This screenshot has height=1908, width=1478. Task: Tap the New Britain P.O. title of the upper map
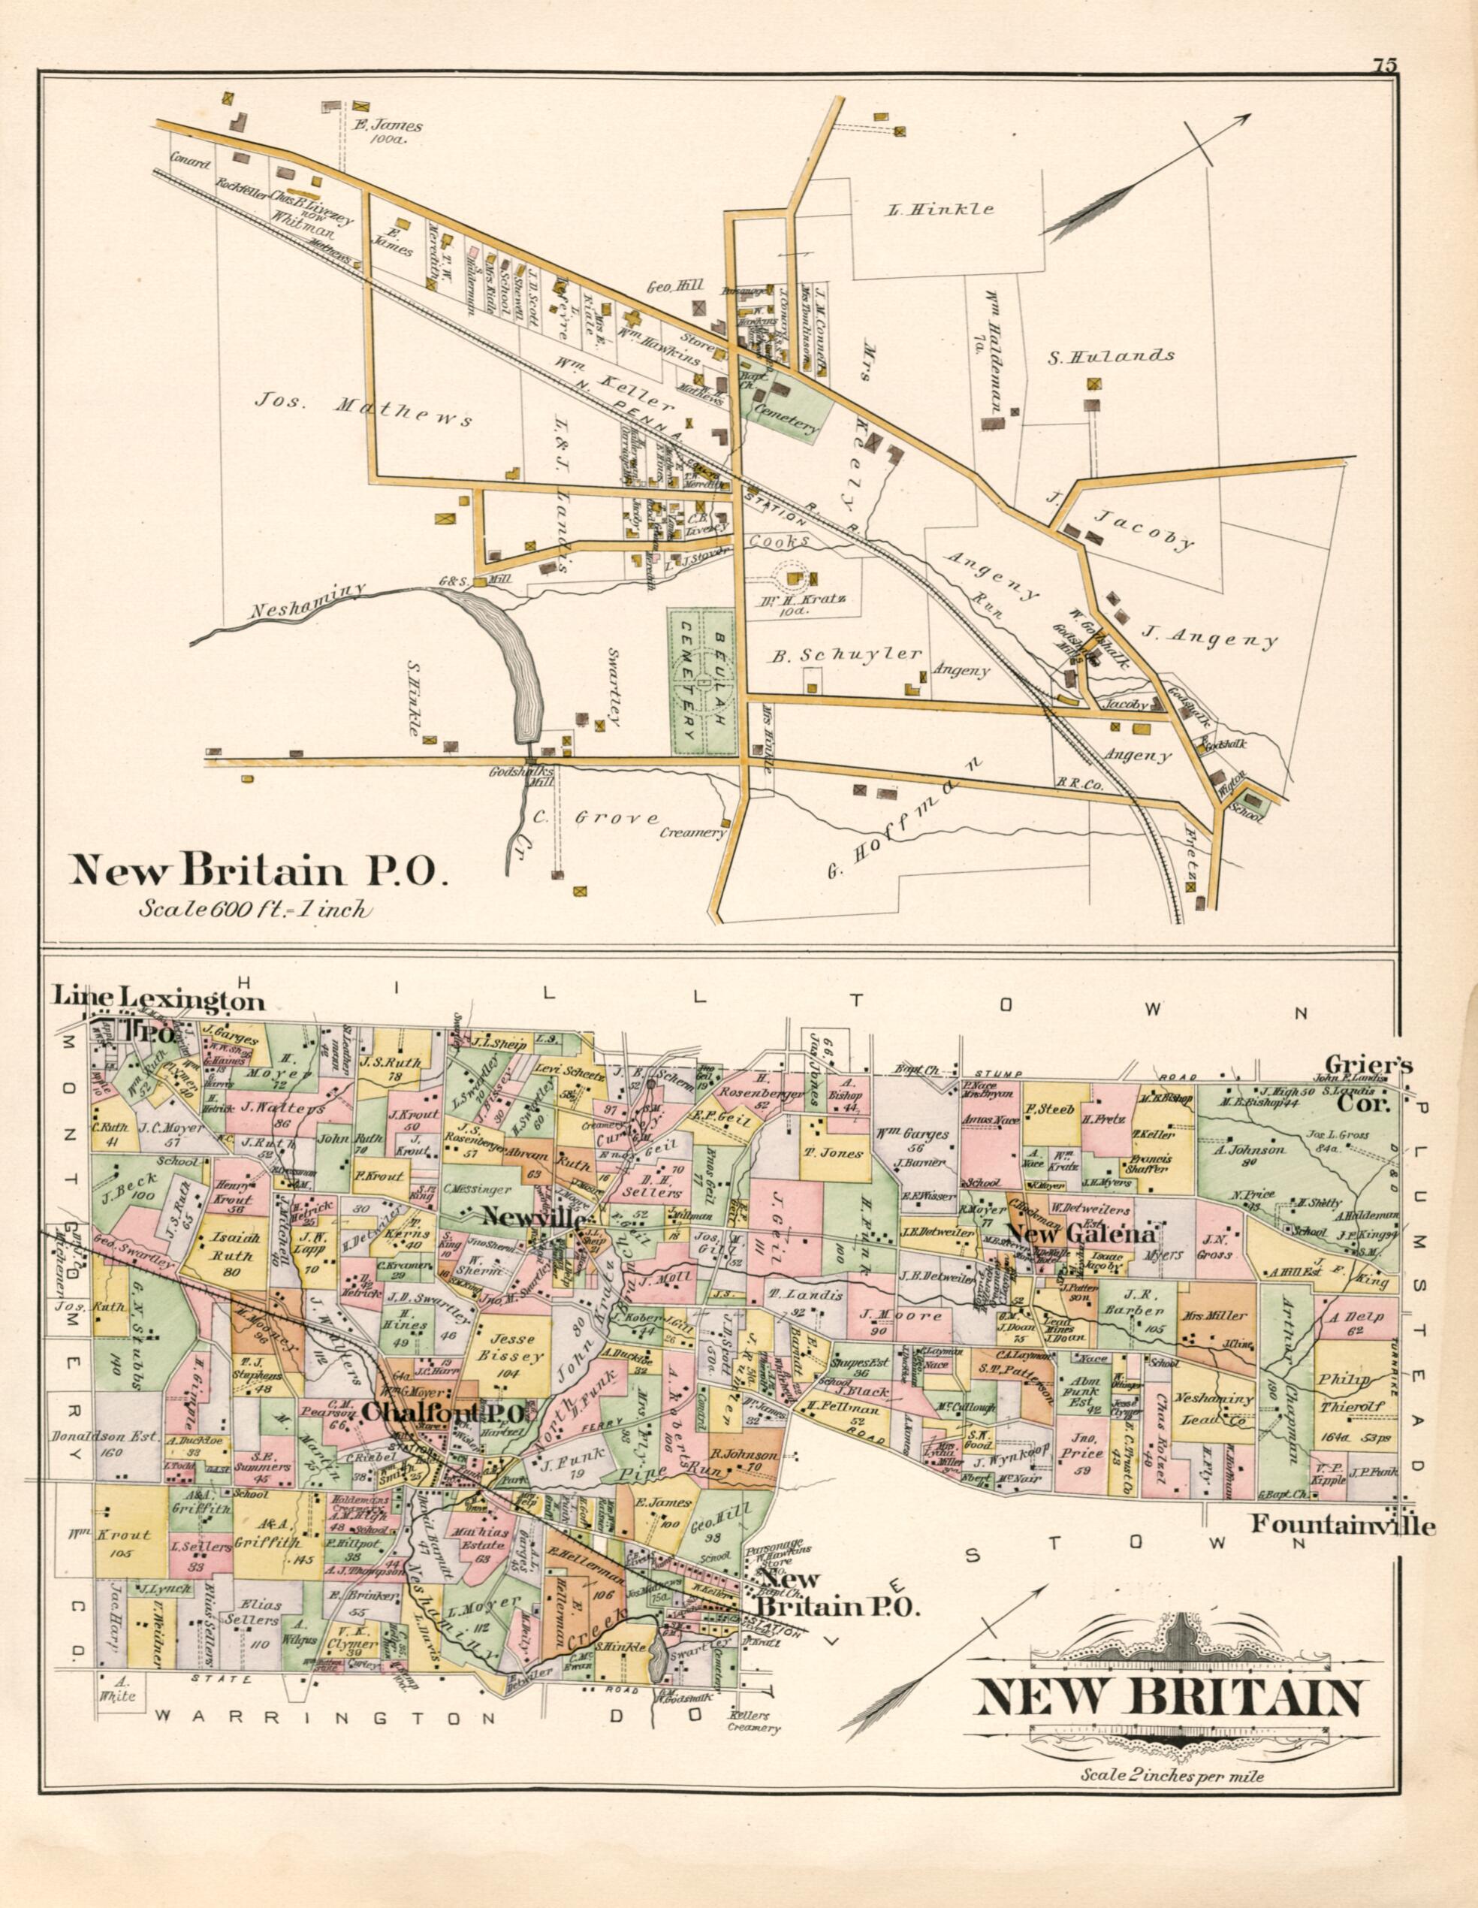(258, 871)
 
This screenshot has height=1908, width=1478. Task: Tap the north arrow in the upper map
(1145, 175)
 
